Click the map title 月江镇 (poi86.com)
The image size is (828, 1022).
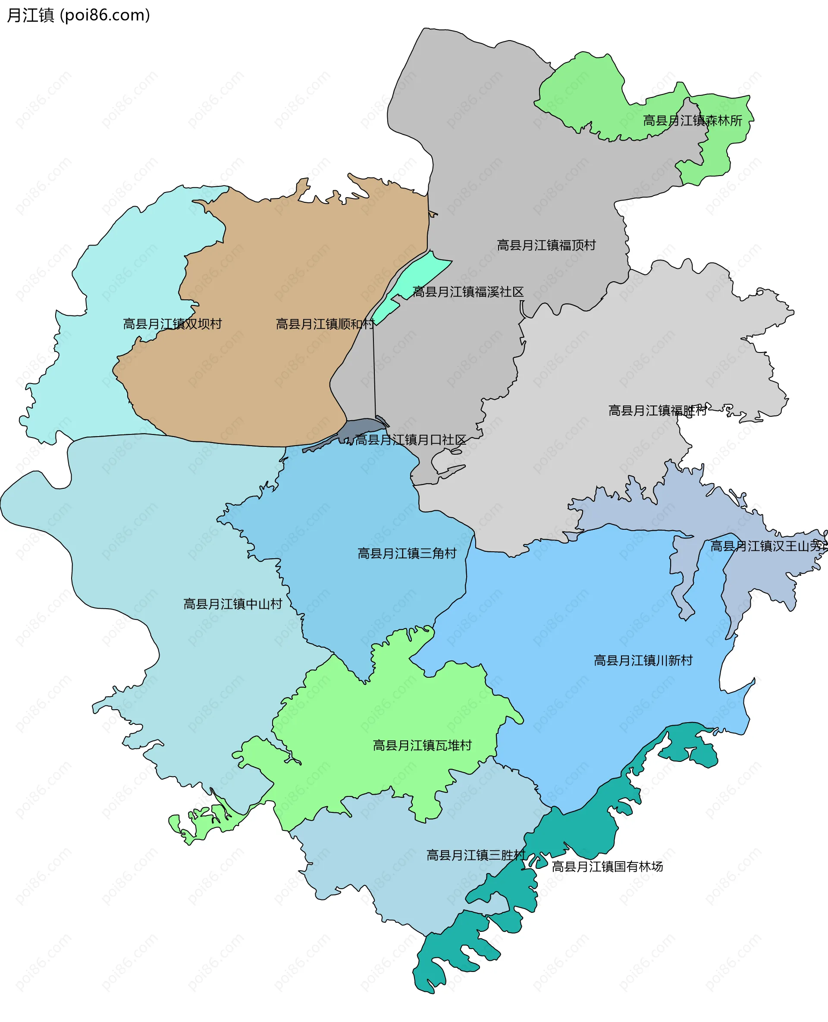[x=78, y=15]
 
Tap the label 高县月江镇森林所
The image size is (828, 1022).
[x=692, y=121]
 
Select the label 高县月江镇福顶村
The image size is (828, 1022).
[x=546, y=245]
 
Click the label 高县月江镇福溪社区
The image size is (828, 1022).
[x=468, y=292]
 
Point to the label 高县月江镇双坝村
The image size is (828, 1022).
[x=172, y=324]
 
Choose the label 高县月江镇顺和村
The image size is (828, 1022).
[x=325, y=324]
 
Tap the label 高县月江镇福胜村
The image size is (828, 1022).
[x=657, y=410]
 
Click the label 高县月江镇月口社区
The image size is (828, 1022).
[x=410, y=440]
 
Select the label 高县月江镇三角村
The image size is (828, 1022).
[x=407, y=553]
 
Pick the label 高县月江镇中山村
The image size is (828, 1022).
[x=233, y=604]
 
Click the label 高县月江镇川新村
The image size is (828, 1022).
[x=643, y=660]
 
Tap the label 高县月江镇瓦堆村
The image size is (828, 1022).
[x=422, y=745]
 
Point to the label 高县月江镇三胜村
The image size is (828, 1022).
[x=476, y=855]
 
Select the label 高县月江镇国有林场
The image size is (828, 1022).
[x=607, y=866]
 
